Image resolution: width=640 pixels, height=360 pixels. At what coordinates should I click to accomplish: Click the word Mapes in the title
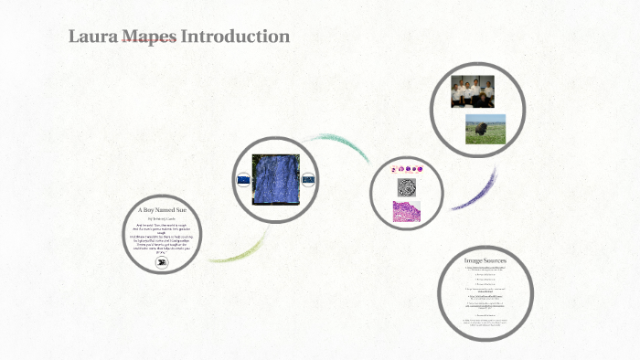coord(148,37)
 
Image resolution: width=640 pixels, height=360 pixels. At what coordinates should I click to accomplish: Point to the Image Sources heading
coord(485,261)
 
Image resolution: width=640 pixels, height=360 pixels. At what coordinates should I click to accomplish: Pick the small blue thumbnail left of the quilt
coord(243,180)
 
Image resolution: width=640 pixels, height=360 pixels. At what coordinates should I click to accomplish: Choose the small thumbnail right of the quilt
coord(308,180)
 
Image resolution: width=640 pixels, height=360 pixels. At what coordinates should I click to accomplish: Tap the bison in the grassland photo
coord(480,129)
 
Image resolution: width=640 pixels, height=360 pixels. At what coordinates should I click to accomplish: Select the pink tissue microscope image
coord(407,212)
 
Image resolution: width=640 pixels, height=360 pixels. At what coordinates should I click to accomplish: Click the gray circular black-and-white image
coord(407,187)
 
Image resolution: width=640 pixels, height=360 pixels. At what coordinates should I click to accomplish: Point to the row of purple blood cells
coord(407,169)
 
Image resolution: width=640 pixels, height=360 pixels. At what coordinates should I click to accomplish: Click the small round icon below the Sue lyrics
coord(161,262)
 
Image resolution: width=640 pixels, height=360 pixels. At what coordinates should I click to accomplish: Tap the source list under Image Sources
coord(485,302)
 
